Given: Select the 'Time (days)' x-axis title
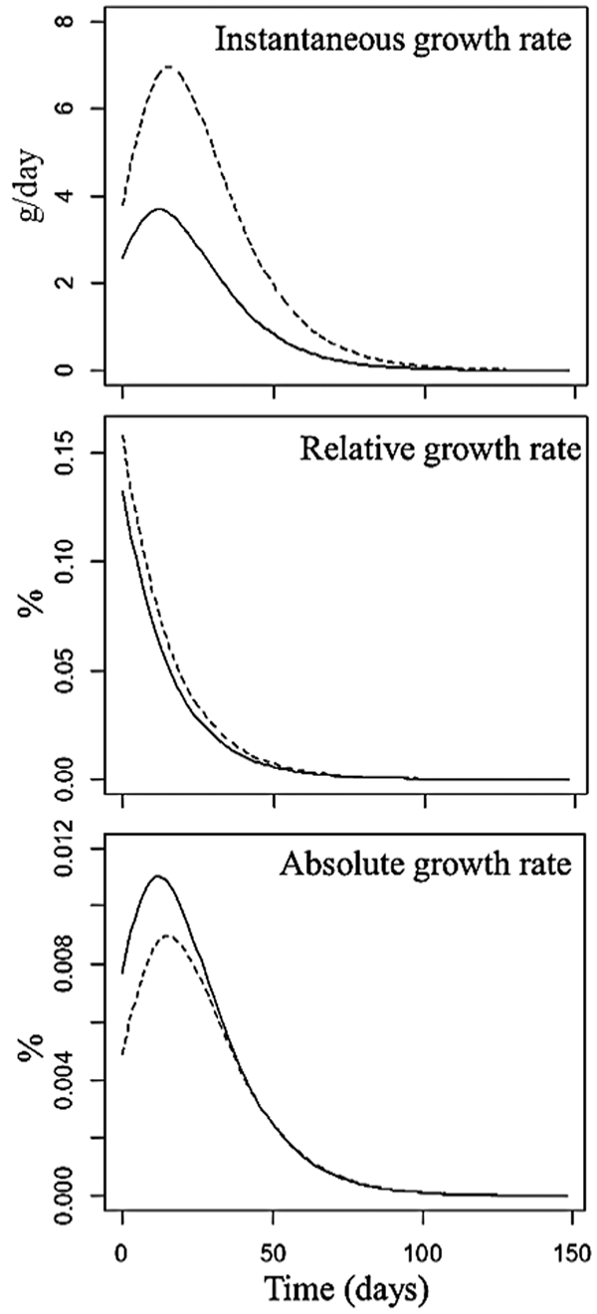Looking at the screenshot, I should (x=346, y=1288).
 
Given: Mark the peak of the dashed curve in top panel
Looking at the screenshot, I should (x=168, y=67).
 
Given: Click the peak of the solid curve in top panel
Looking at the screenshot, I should (x=158, y=209).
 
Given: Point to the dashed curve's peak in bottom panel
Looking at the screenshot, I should (x=167, y=935).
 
